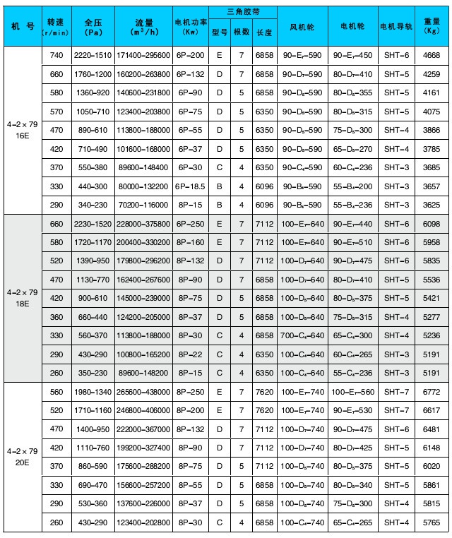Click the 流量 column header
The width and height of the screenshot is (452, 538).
click(x=143, y=27)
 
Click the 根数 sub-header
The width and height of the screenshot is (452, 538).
click(x=240, y=32)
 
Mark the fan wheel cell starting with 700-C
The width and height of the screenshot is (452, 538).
click(x=302, y=335)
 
